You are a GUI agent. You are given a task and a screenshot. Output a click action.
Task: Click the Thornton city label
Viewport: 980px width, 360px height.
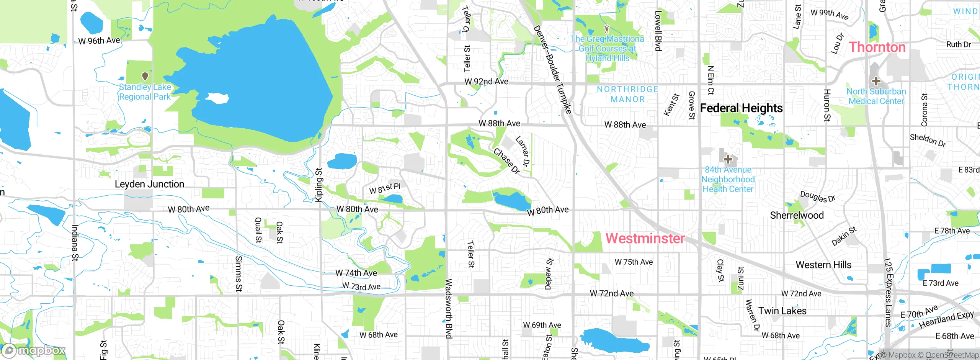(877, 47)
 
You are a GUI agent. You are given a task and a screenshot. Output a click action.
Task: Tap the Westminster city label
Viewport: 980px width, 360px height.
(645, 238)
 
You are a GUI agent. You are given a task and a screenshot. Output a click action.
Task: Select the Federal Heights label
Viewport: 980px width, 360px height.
(741, 108)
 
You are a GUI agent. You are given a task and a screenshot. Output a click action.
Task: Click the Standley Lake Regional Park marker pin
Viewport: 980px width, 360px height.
(145, 76)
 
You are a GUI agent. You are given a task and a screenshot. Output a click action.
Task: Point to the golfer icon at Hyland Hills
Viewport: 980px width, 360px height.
(606, 28)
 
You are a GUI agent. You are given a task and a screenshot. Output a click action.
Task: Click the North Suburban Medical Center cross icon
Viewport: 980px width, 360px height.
(876, 81)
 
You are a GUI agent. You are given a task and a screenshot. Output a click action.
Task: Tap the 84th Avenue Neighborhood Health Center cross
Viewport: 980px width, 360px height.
(728, 159)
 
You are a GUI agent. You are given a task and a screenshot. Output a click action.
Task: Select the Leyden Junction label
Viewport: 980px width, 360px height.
(149, 184)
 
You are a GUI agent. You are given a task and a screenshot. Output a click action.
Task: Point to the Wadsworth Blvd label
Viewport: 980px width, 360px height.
(449, 309)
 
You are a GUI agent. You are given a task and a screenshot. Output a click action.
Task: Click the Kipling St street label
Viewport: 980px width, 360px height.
(318, 185)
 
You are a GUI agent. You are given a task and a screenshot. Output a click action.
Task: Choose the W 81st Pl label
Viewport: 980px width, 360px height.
(385, 188)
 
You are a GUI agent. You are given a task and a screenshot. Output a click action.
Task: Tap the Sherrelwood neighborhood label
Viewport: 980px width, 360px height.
(797, 215)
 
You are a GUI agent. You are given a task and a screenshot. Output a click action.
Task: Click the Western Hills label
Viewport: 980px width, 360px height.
(823, 265)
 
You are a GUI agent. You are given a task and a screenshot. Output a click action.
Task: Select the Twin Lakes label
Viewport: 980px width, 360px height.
(782, 311)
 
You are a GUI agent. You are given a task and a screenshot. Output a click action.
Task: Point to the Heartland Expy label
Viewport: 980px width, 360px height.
(946, 319)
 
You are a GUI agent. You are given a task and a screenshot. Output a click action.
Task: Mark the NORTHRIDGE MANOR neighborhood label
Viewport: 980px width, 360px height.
(627, 94)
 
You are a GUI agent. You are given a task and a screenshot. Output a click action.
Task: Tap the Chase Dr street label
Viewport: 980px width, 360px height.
(506, 161)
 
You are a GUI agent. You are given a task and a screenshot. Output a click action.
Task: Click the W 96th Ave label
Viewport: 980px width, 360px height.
(99, 41)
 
